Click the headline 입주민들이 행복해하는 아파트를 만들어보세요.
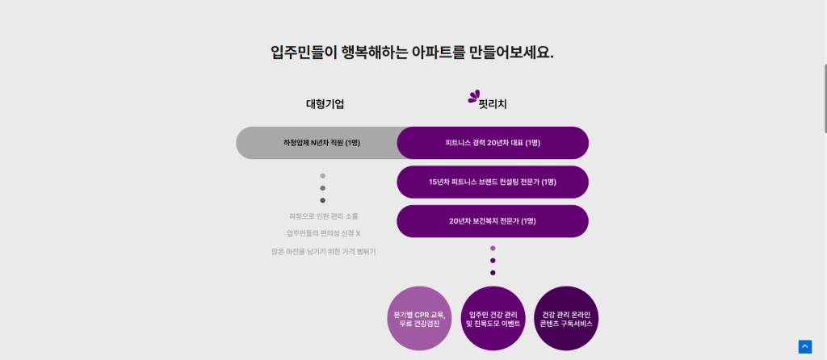[412, 52]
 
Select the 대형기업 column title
[325, 104]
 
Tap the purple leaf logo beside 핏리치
[473, 97]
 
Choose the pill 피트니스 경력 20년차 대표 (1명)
[493, 143]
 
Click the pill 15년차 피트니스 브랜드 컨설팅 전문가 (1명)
[493, 182]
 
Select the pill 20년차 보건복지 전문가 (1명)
[493, 221]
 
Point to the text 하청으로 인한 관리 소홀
[323, 216]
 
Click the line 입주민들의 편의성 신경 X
[323, 233]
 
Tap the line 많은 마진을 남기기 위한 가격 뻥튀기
[323, 252]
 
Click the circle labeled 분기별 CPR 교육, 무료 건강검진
[419, 319]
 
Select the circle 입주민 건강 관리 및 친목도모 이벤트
[493, 319]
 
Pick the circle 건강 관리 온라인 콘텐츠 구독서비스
[566, 319]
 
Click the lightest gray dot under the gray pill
[323, 175]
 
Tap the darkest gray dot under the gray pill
[323, 200]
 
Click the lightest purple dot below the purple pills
[493, 249]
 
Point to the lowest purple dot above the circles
[493, 273]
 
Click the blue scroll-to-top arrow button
[804, 346]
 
